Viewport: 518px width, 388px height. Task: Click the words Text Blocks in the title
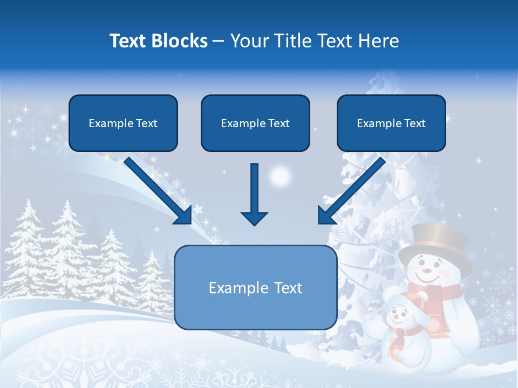[x=158, y=41]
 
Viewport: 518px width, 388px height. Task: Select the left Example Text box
[x=123, y=123]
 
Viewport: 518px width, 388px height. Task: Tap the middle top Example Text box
[x=255, y=123]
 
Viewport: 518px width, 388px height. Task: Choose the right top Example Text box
[x=391, y=123]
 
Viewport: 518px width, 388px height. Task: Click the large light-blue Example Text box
[x=256, y=288]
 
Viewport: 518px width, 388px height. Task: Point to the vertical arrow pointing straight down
[x=255, y=194]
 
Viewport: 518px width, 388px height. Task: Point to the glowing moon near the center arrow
[x=280, y=176]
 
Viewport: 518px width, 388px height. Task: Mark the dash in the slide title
[x=219, y=41]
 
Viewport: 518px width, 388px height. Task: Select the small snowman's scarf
[x=399, y=337]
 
